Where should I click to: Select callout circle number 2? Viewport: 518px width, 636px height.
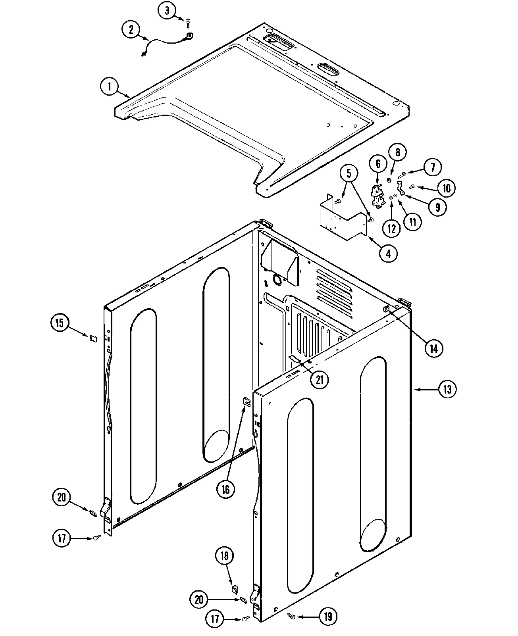131,29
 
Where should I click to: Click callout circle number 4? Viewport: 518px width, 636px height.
388,253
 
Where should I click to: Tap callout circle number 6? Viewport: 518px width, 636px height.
378,163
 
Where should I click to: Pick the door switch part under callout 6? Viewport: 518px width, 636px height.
377,197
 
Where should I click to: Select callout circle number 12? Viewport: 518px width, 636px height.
392,228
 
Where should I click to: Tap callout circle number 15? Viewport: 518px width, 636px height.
60,323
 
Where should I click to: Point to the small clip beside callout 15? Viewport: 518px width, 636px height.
93,338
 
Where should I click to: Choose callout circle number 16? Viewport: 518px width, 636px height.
225,489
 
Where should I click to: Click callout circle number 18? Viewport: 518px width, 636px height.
225,556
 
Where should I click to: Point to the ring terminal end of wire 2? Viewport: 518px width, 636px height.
190,37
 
